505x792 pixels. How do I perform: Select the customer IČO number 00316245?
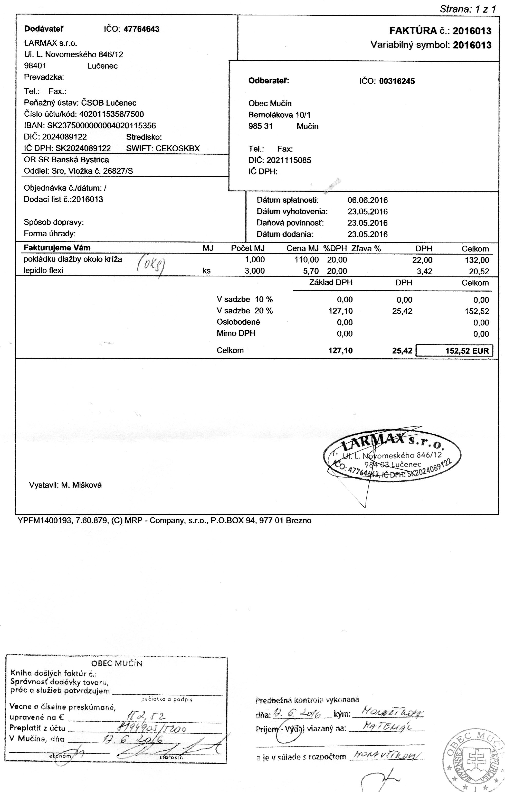pyautogui.click(x=397, y=81)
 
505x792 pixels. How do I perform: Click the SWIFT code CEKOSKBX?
pyautogui.click(x=178, y=148)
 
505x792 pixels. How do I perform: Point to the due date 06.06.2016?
pyautogui.click(x=368, y=200)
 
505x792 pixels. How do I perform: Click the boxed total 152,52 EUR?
pyautogui.click(x=454, y=351)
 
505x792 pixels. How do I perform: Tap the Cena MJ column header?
pyautogui.click(x=302, y=249)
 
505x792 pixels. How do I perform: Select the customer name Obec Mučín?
pyautogui.click(x=270, y=104)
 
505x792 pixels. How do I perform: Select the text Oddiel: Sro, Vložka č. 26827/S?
pyautogui.click(x=78, y=171)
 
